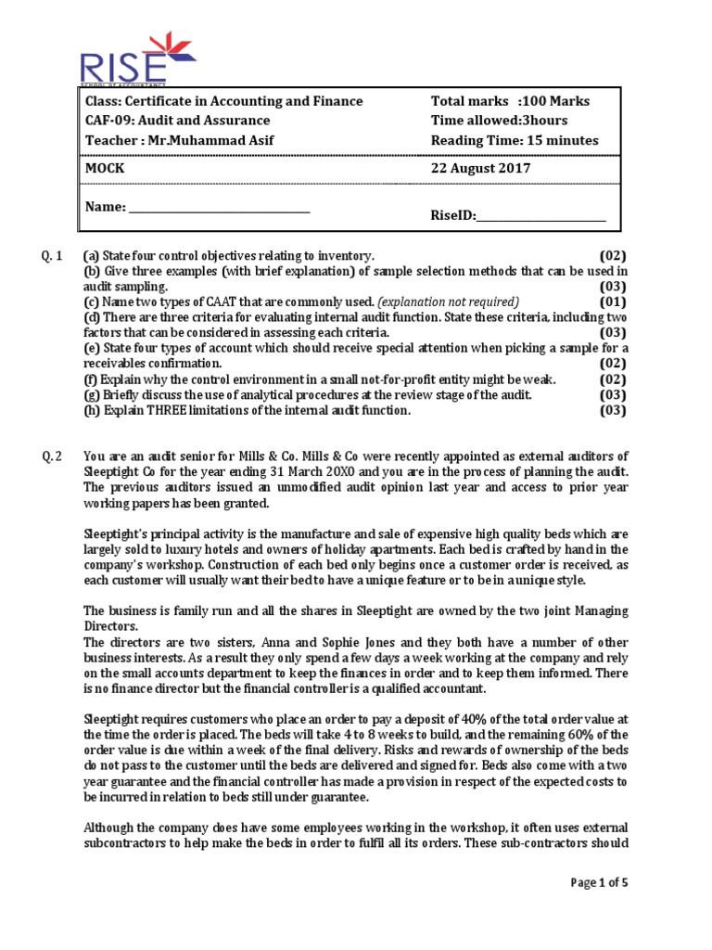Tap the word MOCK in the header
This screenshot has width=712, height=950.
click(x=105, y=170)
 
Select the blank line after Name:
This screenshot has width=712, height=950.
click(x=219, y=208)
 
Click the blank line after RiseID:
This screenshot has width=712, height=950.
click(x=540, y=216)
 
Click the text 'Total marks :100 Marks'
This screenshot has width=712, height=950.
click(x=510, y=101)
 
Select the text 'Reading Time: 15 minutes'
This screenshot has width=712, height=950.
click(x=515, y=140)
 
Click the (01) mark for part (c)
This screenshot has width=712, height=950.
click(x=612, y=302)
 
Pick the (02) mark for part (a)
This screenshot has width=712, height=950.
click(x=612, y=255)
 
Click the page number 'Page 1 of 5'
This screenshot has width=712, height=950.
click(x=598, y=882)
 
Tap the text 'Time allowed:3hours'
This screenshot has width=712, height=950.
click(x=499, y=121)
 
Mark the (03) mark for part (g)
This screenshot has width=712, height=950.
click(x=612, y=394)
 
